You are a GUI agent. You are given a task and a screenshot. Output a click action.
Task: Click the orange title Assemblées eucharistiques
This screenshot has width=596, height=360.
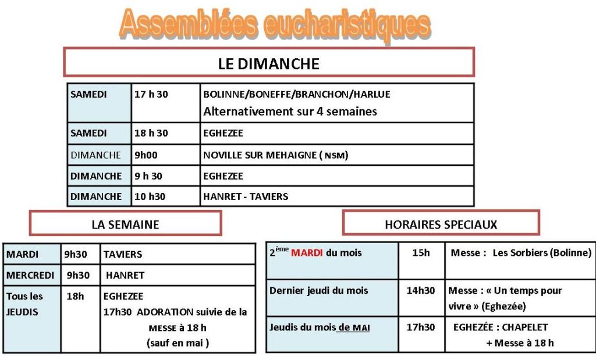click(275, 25)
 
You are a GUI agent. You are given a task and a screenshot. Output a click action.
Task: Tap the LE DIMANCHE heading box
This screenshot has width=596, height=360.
click(269, 63)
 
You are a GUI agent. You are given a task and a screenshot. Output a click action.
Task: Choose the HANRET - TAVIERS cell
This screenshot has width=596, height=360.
click(246, 197)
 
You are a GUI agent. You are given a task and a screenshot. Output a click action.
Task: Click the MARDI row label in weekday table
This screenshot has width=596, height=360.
click(23, 254)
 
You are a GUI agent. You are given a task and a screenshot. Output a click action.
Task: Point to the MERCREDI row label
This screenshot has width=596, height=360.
click(30, 275)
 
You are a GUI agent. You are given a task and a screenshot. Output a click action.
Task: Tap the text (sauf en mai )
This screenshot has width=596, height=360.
click(178, 343)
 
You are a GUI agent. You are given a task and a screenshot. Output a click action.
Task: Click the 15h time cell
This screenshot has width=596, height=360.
click(421, 253)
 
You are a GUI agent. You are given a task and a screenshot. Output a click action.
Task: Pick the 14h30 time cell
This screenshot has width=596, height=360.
click(421, 291)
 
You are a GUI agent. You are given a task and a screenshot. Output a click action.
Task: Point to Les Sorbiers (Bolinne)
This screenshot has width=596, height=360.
click(542, 253)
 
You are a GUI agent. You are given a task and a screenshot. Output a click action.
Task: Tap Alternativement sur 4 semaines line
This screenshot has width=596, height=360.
click(290, 111)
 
